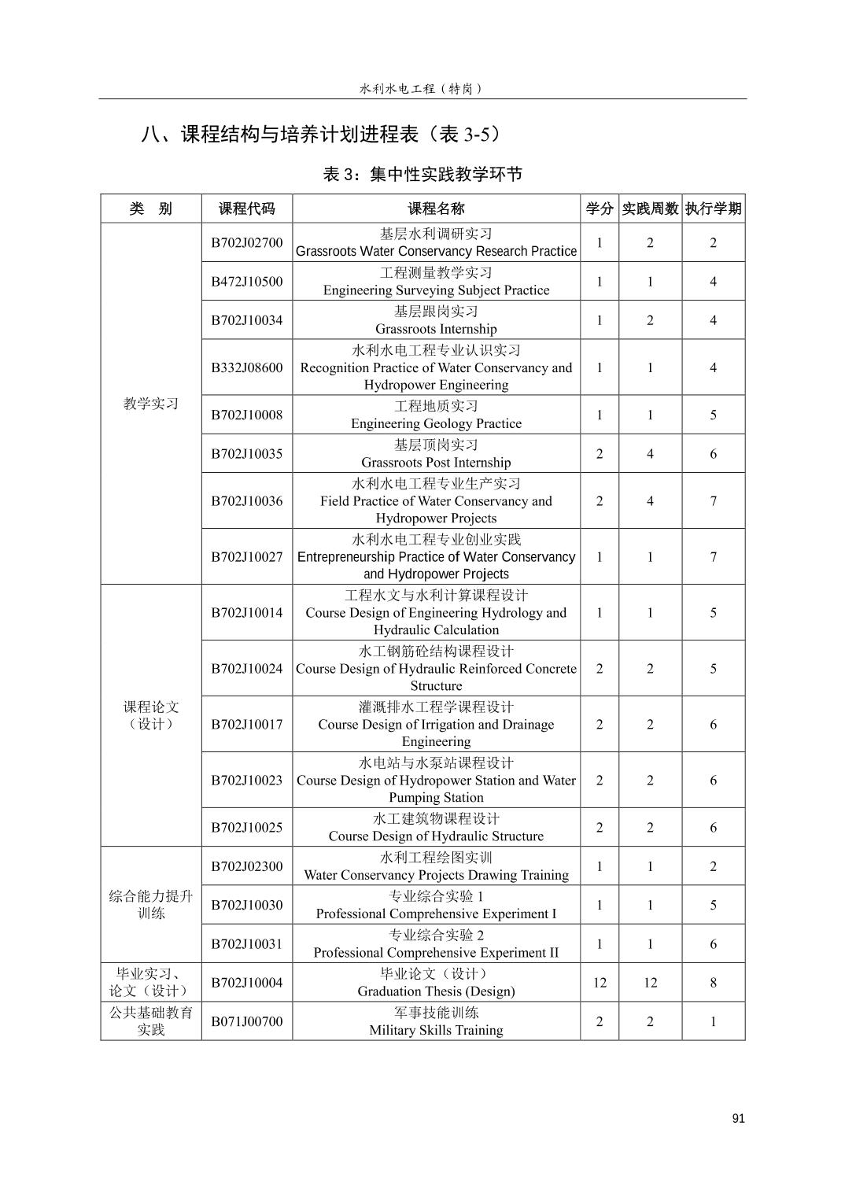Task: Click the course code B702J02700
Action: click(x=246, y=242)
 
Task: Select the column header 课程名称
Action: click(x=436, y=209)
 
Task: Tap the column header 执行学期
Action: click(x=713, y=209)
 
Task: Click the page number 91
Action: click(x=737, y=1118)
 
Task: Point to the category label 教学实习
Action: click(x=151, y=404)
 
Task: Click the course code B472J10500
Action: click(x=246, y=281)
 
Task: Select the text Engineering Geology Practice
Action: click(x=436, y=423)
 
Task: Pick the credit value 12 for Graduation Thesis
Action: click(x=600, y=982)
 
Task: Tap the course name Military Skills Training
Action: click(x=436, y=1030)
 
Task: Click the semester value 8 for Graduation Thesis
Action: click(x=713, y=982)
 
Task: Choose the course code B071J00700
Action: click(x=246, y=1021)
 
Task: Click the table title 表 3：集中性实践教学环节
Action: click(x=422, y=175)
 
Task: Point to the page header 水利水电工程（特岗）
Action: click(x=422, y=89)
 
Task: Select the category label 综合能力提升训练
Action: click(x=151, y=905)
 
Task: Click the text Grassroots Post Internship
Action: click(x=436, y=463)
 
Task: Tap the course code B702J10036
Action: click(x=246, y=500)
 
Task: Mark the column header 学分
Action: click(x=600, y=209)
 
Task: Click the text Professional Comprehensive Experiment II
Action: click(x=436, y=953)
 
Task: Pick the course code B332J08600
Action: click(x=246, y=367)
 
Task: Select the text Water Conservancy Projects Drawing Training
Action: click(x=436, y=875)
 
